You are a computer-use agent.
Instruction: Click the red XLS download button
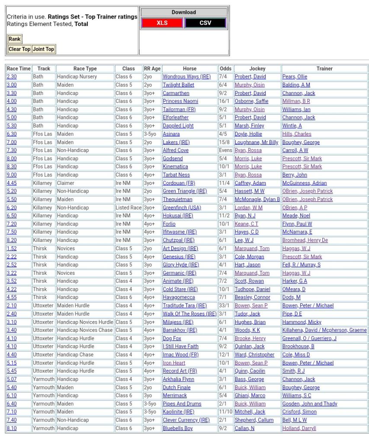click(x=162, y=23)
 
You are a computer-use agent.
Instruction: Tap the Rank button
click(x=14, y=39)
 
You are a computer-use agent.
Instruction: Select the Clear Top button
click(x=19, y=49)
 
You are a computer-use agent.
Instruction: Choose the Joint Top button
click(x=44, y=49)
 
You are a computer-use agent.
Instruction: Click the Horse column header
click(x=189, y=69)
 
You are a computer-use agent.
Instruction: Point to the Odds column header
click(x=225, y=69)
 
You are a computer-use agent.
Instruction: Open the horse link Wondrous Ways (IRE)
click(x=186, y=77)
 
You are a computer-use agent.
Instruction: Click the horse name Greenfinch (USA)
click(x=182, y=207)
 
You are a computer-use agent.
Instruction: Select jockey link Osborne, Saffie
click(x=251, y=101)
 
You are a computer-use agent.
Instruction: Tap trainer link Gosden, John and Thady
click(x=310, y=404)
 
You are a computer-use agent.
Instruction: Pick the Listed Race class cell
click(x=128, y=207)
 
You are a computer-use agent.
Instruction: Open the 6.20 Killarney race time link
click(x=12, y=207)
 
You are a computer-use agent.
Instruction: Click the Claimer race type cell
click(x=66, y=183)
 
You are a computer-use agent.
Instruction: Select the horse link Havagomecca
click(x=179, y=297)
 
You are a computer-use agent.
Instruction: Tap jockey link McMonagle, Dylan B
click(x=257, y=199)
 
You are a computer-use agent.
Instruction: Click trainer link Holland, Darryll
click(x=299, y=428)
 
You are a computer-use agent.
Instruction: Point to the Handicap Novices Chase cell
click(x=85, y=330)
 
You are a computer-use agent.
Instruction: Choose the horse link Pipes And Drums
click(x=182, y=404)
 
